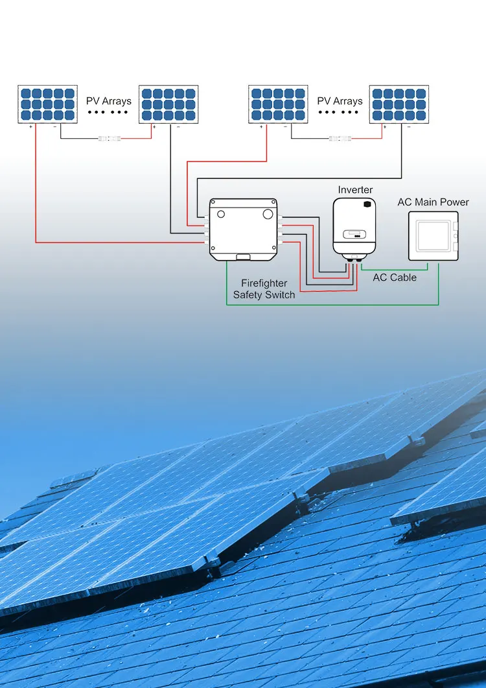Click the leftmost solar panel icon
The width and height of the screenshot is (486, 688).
click(x=47, y=104)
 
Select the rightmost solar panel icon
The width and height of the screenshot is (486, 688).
click(x=399, y=104)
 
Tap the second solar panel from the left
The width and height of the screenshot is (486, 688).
click(x=168, y=104)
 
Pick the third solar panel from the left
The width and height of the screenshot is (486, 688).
click(x=278, y=104)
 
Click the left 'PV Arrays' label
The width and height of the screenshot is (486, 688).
click(x=109, y=101)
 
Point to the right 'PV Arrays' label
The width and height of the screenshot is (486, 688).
click(x=340, y=101)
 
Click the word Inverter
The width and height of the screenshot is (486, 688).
click(x=355, y=190)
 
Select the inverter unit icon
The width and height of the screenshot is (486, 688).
click(x=354, y=228)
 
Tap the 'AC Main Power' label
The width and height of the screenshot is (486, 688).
click(x=434, y=202)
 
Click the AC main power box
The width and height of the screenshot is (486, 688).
click(x=434, y=236)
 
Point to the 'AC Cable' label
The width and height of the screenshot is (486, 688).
click(x=395, y=278)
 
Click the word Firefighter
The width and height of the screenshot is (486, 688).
click(x=264, y=283)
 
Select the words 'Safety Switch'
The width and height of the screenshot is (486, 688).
click(x=264, y=295)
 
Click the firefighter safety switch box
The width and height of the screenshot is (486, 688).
click(x=243, y=230)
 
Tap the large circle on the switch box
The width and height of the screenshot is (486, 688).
click(x=268, y=214)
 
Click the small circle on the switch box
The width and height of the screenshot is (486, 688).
click(x=221, y=214)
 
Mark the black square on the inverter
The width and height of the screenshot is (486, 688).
click(x=367, y=204)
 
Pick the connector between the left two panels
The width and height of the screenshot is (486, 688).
click(x=110, y=139)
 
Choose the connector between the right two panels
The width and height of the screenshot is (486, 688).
click(x=340, y=139)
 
